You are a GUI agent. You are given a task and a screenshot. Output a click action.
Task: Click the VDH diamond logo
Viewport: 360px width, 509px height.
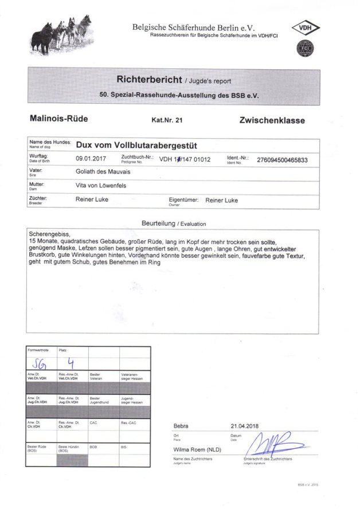point(306,28)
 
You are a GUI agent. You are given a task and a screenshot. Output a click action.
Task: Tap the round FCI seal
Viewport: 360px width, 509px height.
point(305,48)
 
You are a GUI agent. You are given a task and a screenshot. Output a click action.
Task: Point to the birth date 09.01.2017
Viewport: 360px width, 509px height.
point(91,159)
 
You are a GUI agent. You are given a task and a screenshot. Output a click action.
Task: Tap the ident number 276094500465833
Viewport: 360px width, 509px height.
point(282,160)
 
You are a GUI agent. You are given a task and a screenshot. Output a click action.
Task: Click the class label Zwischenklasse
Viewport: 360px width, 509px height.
point(272,121)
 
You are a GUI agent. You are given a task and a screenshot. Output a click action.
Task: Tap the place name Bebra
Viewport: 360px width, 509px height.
point(181,426)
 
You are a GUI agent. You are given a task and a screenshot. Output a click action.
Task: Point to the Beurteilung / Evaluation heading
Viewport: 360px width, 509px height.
point(173,223)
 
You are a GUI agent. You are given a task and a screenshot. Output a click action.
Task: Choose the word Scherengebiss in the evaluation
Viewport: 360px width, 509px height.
point(46,235)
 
